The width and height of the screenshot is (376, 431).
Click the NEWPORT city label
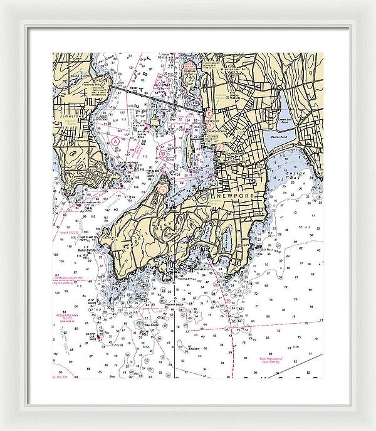click(x=232, y=196)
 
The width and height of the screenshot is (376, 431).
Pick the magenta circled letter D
click(x=164, y=152)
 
